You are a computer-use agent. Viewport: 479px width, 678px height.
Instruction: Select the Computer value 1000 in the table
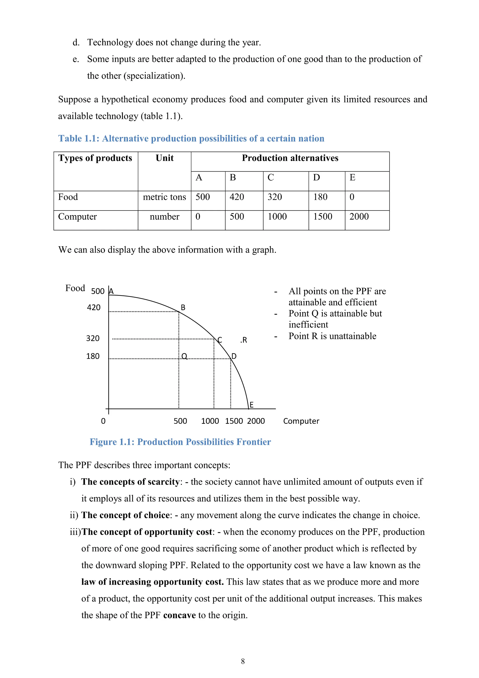point(277,217)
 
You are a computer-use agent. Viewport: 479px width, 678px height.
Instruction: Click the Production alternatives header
point(290,158)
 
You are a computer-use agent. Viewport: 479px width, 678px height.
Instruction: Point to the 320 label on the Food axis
point(93,338)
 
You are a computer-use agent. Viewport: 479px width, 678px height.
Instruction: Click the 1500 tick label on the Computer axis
point(234,421)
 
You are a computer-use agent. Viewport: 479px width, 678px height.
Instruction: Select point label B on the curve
point(183,308)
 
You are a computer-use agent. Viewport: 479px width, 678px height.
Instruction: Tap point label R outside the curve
point(244,340)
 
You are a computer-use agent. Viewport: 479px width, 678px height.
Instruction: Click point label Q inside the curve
point(184,356)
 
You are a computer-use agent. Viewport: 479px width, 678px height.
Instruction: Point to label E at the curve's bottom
point(251,405)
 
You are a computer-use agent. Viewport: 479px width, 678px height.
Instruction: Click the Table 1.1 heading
point(191,139)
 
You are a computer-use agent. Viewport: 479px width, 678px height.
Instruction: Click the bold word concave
point(179,615)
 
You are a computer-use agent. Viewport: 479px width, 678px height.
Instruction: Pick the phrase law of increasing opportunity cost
point(152,582)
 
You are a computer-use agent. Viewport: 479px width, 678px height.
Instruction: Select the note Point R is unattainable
point(332,336)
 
